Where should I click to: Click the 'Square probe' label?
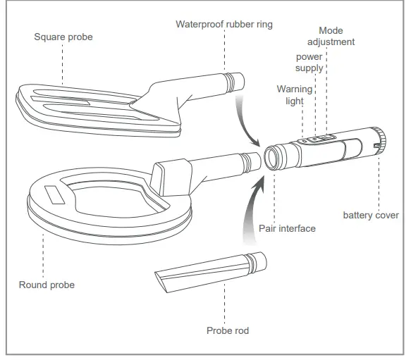[63, 36]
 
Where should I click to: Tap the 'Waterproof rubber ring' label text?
[223, 25]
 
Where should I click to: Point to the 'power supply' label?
[309, 62]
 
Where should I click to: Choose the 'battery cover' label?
[371, 215]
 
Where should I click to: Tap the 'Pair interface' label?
[287, 228]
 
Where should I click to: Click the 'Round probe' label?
[46, 285]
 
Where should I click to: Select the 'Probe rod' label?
[227, 330]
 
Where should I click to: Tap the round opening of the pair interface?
[272, 156]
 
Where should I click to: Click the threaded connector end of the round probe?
[249, 162]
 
